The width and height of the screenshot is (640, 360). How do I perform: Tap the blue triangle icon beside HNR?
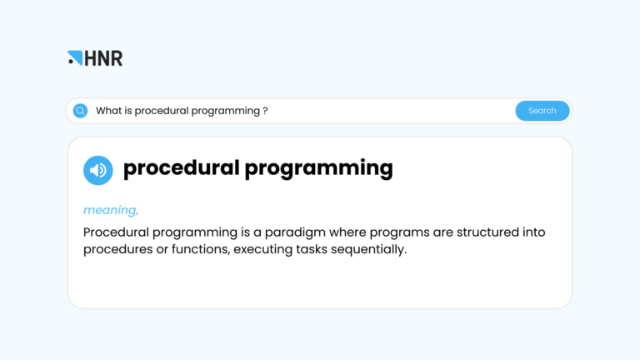(x=76, y=57)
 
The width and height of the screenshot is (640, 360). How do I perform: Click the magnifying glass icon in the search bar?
(x=81, y=111)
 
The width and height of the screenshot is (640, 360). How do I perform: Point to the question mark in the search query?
(x=265, y=111)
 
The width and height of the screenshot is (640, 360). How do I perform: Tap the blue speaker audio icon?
(x=98, y=170)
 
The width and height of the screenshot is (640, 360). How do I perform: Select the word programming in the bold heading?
(x=318, y=168)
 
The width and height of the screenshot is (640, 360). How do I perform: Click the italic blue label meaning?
(x=111, y=210)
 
